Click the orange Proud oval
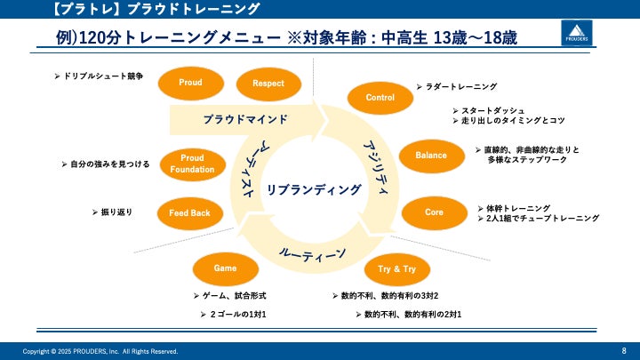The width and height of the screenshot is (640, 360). pyautogui.click(x=190, y=83)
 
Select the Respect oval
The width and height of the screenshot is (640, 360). pyautogui.click(x=268, y=84)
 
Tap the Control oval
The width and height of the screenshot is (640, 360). pyautogui.click(x=380, y=98)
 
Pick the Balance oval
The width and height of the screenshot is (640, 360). pyautogui.click(x=431, y=156)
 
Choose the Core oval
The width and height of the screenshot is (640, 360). pyautogui.click(x=434, y=212)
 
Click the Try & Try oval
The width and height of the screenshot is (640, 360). pyautogui.click(x=397, y=268)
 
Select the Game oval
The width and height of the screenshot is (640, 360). pyautogui.click(x=225, y=268)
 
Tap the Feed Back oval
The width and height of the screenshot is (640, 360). pyautogui.click(x=189, y=213)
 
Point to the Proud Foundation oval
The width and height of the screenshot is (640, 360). pyautogui.click(x=192, y=163)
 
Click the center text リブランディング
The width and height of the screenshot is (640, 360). pyautogui.click(x=314, y=189)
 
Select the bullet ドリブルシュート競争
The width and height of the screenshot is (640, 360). pyautogui.click(x=103, y=78)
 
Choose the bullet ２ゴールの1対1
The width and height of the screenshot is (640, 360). pyautogui.click(x=234, y=315)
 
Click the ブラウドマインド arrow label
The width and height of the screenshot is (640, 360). pyautogui.click(x=244, y=119)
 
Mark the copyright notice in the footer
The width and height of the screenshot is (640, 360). pyautogui.click(x=100, y=351)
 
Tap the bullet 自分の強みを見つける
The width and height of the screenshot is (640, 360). pyautogui.click(x=111, y=164)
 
